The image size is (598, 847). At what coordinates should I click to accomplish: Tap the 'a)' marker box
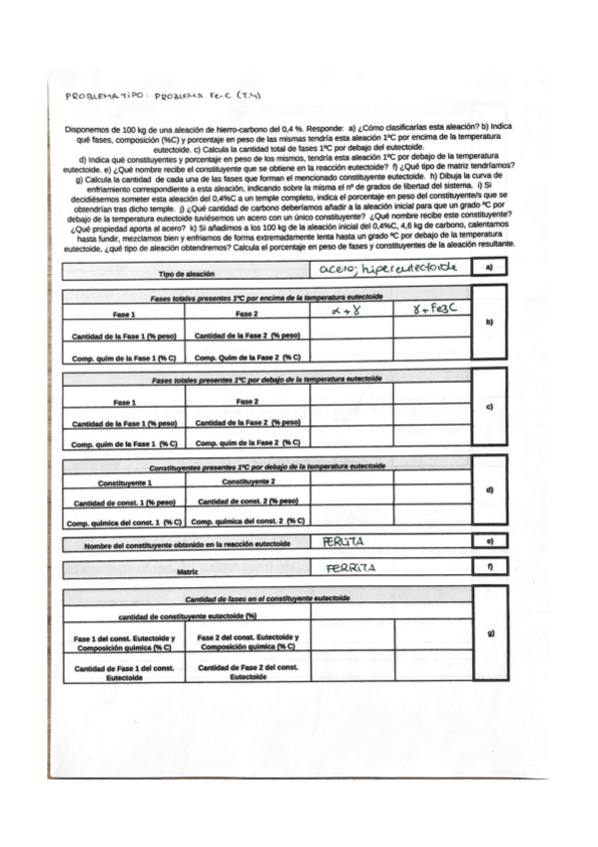pos(489,269)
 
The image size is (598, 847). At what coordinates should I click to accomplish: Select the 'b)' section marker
pos(489,322)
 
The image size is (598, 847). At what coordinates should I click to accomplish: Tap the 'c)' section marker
pos(489,407)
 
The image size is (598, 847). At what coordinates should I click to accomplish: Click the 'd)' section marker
pos(489,489)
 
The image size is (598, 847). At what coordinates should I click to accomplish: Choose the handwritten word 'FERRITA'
pos(350,568)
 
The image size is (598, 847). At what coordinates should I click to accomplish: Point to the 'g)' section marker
pos(489,633)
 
